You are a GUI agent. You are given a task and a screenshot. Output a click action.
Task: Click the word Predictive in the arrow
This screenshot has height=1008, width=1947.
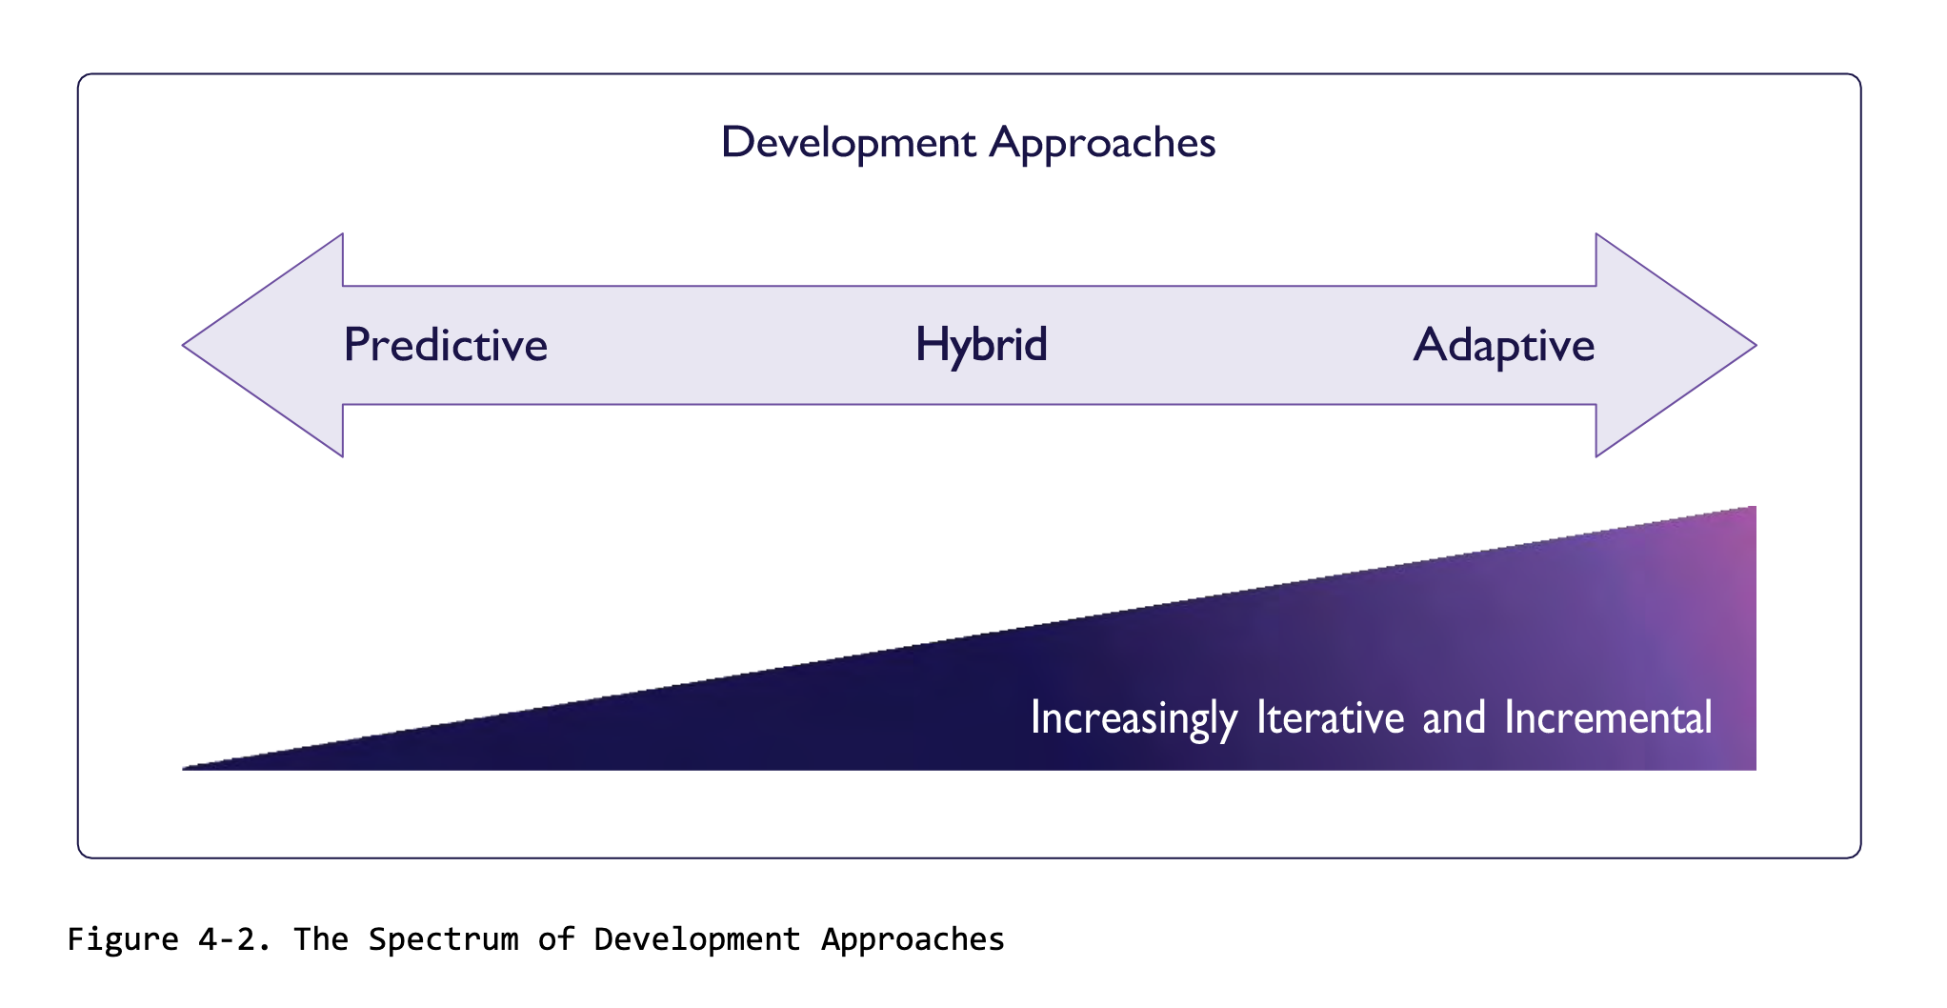(445, 345)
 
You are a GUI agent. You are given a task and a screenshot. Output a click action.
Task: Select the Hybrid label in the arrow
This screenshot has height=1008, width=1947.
(980, 345)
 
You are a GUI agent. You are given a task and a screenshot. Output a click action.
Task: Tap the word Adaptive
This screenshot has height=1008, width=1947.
(1503, 346)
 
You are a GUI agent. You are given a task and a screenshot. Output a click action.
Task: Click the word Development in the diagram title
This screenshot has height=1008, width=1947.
(848, 143)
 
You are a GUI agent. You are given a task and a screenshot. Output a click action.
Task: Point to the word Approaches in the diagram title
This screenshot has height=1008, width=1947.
(1102, 143)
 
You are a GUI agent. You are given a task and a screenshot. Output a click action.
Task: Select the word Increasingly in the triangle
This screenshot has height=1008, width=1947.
(1134, 718)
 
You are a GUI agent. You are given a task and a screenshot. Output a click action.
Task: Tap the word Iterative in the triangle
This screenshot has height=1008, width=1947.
(1330, 717)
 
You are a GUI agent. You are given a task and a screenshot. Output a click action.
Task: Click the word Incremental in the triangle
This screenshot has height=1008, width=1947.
(1608, 717)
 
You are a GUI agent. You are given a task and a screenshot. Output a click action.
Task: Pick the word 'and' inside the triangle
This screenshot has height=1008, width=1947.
(1454, 717)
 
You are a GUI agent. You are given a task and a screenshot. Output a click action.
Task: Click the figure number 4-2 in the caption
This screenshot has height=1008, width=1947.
(234, 939)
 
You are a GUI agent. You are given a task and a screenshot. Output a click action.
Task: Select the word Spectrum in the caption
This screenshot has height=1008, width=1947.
(443, 939)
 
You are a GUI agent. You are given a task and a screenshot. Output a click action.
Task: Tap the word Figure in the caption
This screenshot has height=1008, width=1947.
(123, 939)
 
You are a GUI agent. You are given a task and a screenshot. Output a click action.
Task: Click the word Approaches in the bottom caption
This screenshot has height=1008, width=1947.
(913, 939)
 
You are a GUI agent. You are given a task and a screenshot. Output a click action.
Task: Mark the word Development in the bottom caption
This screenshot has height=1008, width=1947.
(696, 939)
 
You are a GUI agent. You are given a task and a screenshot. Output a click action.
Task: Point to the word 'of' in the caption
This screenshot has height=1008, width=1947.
(556, 939)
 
